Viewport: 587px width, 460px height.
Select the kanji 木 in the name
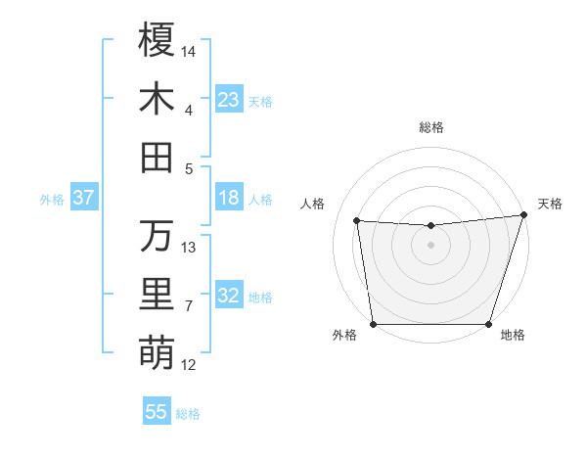157,99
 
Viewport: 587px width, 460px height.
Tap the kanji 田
157,157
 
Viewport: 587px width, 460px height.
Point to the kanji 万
157,235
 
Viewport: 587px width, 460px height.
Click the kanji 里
157,295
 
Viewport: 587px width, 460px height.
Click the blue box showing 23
229,100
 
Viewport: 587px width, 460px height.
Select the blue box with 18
229,199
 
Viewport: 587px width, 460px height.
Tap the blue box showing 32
229,297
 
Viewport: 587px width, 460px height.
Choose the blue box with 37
84,199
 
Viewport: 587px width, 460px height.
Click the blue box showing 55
157,412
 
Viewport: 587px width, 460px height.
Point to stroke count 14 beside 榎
189,50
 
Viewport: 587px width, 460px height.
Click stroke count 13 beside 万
189,247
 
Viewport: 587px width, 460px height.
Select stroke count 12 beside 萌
189,365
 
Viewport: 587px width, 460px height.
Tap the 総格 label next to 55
188,414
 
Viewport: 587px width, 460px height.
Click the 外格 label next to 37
52,200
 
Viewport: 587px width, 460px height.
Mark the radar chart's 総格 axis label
430,127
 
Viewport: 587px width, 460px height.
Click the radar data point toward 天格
523,215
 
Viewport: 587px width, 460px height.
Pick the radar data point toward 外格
373,324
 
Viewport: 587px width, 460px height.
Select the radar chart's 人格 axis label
313,204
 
